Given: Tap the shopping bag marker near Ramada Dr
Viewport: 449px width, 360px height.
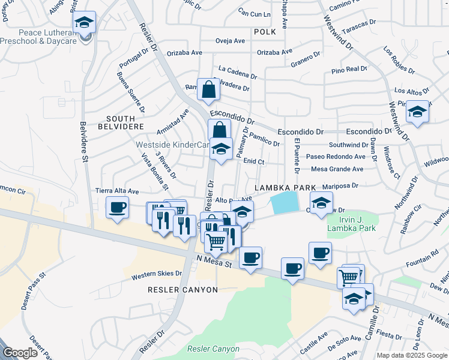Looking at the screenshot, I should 207,90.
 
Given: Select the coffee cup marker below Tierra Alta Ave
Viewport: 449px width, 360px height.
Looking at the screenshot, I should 117,208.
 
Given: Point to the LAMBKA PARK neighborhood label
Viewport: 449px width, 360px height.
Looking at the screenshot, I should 285,188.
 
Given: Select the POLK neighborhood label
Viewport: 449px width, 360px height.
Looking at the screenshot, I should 265,32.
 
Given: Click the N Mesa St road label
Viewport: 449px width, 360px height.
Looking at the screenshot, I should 214,260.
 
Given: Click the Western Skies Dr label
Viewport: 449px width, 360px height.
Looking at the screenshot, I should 157,274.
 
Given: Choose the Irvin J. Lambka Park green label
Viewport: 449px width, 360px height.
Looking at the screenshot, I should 351,224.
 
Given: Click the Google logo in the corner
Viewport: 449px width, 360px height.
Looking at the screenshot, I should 20,353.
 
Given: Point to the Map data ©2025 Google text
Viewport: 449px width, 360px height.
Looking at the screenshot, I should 411,355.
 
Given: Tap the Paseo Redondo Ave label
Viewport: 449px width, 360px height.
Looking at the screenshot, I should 335,157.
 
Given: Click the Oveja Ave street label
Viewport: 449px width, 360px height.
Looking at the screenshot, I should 231,41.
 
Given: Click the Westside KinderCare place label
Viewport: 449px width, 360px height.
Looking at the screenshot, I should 172,145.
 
